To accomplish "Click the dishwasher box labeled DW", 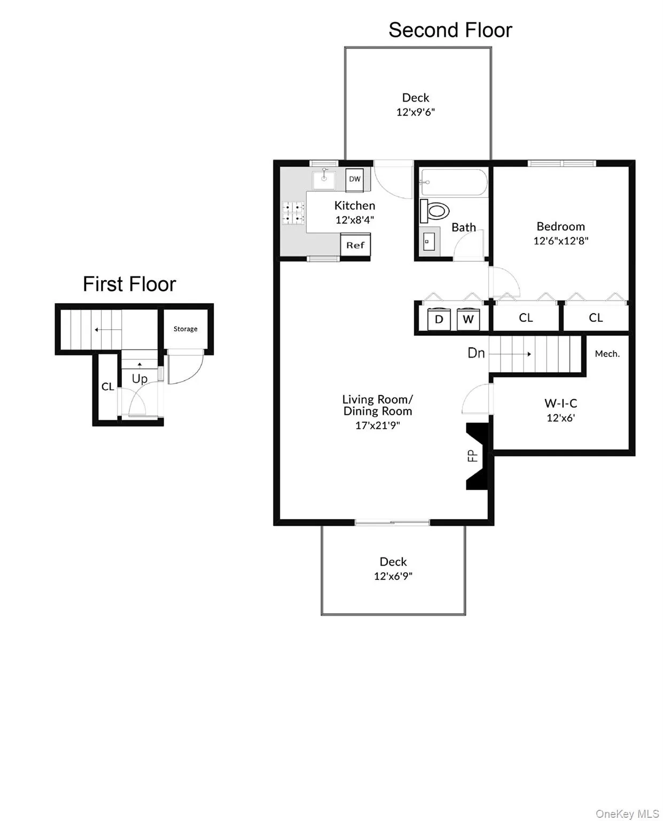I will (355, 179).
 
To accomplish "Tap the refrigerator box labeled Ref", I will (355, 245).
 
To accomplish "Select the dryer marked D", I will (439, 319).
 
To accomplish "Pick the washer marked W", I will (469, 319).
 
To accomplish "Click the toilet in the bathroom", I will (435, 211).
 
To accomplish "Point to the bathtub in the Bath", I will (454, 182).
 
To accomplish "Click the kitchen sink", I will (324, 179).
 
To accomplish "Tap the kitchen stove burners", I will (293, 212).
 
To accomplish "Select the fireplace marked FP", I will (476, 456).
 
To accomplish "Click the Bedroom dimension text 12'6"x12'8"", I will (560, 241).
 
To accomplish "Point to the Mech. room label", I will (607, 354).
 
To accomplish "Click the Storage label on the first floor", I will (185, 329).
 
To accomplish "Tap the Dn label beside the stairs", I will (476, 353).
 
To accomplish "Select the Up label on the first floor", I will (139, 379).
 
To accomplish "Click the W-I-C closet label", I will (560, 404).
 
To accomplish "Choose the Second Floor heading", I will (450, 30).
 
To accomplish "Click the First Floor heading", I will (129, 284).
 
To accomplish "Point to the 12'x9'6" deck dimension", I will (415, 112).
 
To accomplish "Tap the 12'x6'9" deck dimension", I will (393, 576).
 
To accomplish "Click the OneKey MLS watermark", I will (627, 814).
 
